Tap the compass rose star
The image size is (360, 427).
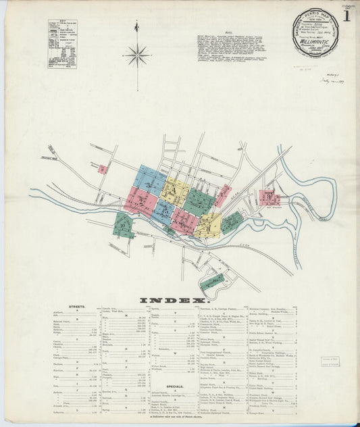pos(137,54)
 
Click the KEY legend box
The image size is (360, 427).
pos(62,44)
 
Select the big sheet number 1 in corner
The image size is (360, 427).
pos(346,16)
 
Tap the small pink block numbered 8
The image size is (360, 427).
pos(103,170)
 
